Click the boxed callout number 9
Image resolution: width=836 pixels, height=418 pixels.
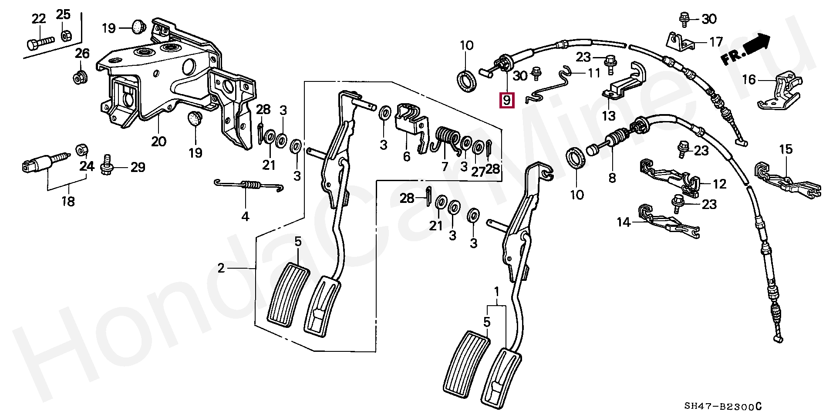pos(506,101)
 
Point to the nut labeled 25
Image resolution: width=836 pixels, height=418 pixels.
pos(66,35)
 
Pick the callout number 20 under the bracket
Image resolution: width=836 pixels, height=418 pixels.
pos(158,142)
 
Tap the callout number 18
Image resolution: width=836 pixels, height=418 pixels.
pos(68,201)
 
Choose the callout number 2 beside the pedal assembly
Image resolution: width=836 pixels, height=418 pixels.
pos(221,268)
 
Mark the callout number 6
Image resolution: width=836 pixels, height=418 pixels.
pos(406,156)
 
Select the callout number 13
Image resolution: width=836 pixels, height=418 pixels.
pos(608,116)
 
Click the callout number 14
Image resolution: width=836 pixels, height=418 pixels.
pos(624,223)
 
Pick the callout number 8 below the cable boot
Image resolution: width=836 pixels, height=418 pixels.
pos(612,178)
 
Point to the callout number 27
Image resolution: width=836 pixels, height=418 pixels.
pos(478,171)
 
